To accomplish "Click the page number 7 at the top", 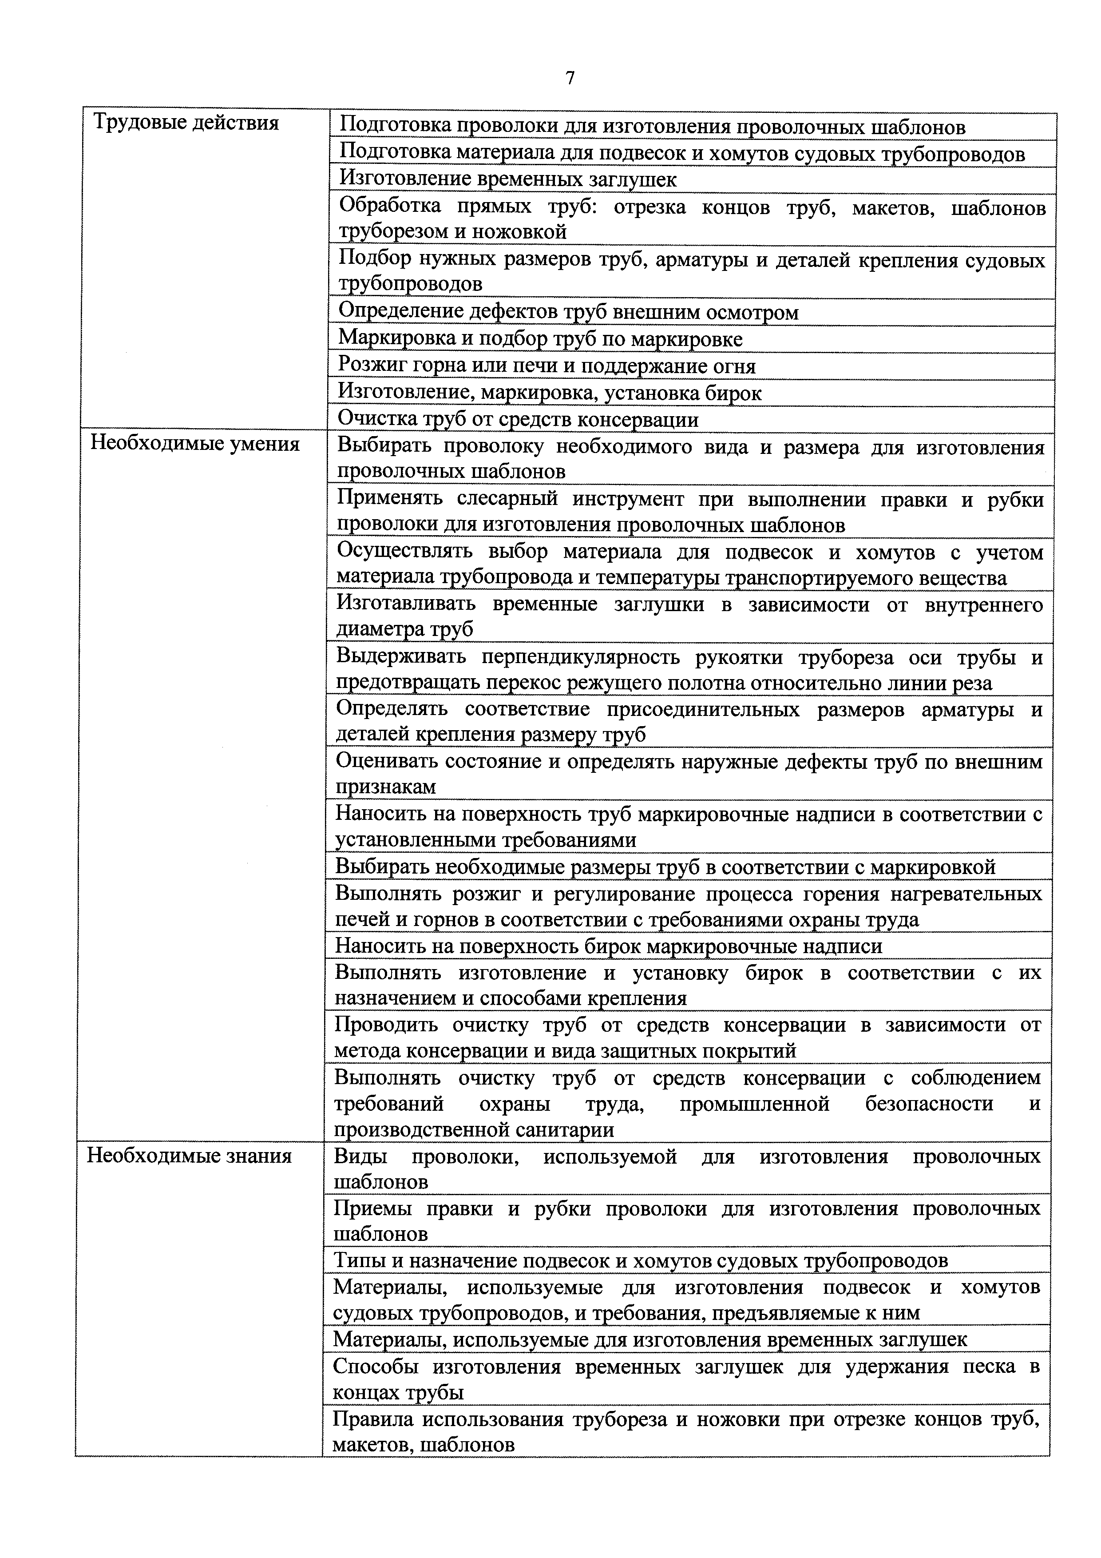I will click(569, 79).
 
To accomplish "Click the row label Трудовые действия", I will click(185, 123).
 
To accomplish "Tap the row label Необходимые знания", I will click(189, 1156).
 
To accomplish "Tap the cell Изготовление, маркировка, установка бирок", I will click(550, 393).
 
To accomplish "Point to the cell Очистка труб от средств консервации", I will click(518, 419).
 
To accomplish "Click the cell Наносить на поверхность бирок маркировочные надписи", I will click(609, 946).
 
